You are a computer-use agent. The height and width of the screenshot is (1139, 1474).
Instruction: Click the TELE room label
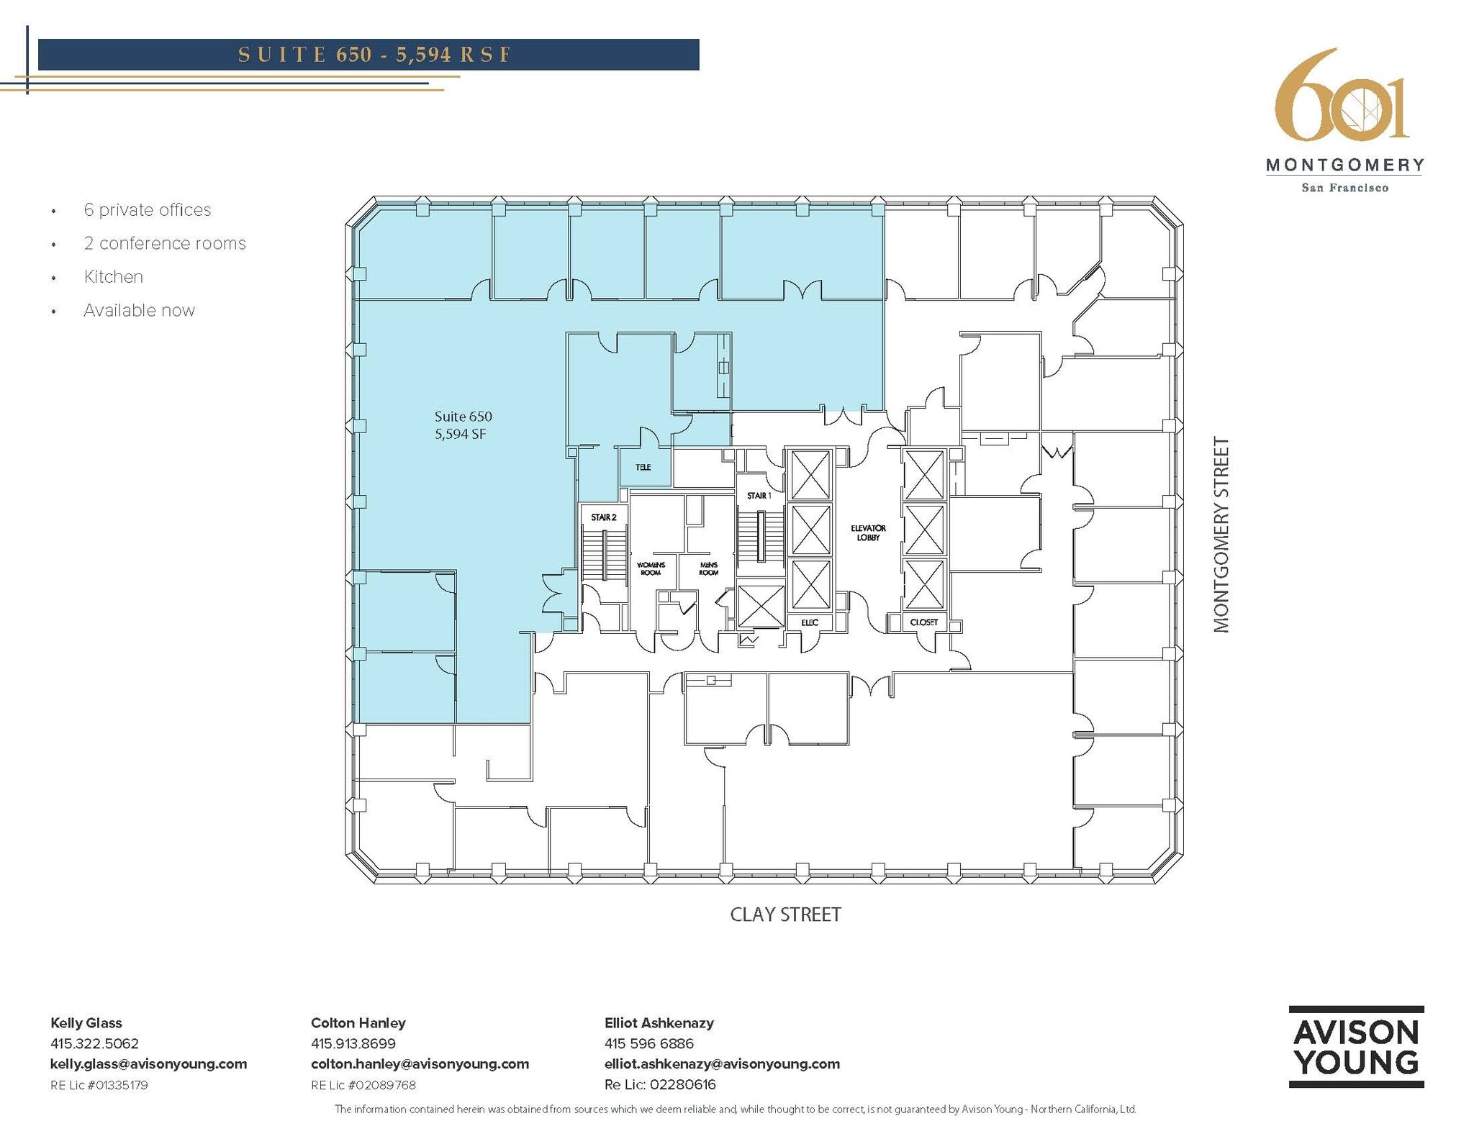[643, 468]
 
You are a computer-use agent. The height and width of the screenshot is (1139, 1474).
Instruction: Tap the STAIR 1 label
[759, 496]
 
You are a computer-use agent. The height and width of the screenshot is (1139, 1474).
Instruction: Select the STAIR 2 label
[604, 517]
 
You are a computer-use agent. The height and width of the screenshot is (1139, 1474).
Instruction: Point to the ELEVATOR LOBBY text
[868, 532]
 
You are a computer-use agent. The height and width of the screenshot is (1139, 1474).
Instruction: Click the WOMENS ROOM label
[651, 568]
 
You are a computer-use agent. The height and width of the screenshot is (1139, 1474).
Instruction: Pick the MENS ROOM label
[708, 568]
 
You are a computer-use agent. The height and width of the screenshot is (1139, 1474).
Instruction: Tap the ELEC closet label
[810, 622]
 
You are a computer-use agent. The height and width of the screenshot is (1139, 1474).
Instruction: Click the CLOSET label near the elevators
[923, 622]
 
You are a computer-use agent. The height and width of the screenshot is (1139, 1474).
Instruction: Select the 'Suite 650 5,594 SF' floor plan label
[464, 425]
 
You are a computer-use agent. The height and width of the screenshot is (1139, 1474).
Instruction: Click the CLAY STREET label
[785, 915]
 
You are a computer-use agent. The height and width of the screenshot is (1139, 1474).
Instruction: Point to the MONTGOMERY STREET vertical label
[1221, 535]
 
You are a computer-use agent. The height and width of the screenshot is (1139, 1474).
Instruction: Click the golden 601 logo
[1341, 97]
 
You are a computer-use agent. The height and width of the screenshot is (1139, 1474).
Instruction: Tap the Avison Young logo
[1355, 1047]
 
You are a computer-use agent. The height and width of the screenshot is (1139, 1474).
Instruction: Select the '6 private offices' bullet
[147, 210]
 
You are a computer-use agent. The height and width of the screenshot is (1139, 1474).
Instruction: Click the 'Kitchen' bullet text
[113, 277]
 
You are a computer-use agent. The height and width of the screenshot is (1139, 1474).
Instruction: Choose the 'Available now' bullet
[139, 310]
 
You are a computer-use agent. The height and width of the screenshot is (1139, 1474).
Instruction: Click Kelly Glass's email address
[148, 1063]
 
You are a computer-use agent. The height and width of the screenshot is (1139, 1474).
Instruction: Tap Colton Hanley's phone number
[353, 1043]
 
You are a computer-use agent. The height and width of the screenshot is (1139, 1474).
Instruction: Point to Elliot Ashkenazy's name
[659, 1022]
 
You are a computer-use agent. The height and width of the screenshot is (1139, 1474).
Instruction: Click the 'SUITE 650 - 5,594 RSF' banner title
[374, 55]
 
